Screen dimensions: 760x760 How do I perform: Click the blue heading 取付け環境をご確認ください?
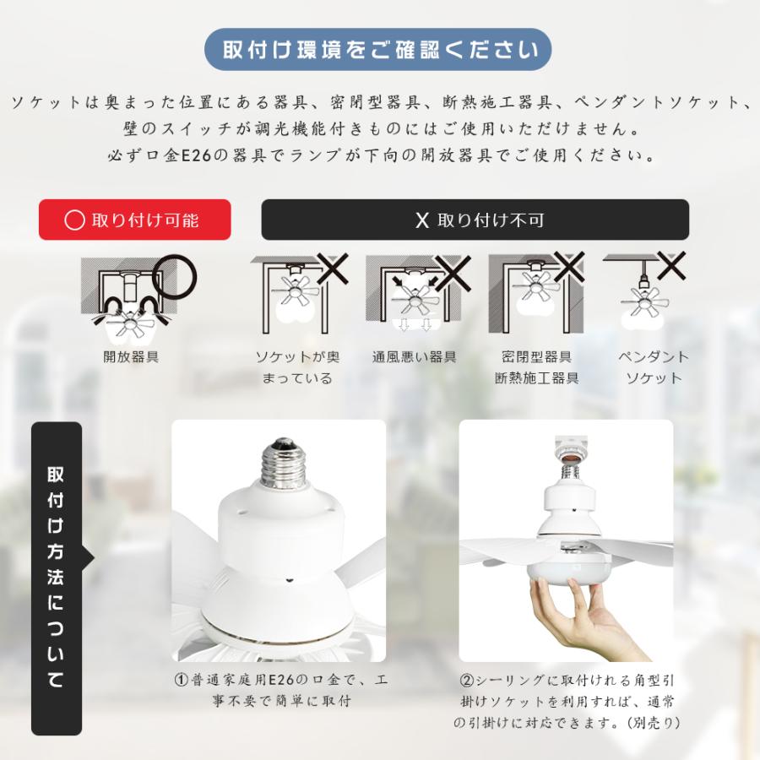tap(379, 50)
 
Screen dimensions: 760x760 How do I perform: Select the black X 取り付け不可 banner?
tap(475, 220)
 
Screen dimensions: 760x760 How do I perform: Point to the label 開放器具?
tap(131, 356)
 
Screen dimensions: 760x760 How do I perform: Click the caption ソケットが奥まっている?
tap(294, 367)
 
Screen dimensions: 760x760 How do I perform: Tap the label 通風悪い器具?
tap(414, 356)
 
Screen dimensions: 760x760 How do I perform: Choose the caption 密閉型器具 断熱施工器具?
tap(537, 367)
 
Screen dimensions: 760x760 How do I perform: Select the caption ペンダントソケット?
tap(654, 367)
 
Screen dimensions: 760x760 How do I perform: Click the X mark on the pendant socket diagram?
tap(671, 266)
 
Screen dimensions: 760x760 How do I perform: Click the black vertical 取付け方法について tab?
tap(57, 578)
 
